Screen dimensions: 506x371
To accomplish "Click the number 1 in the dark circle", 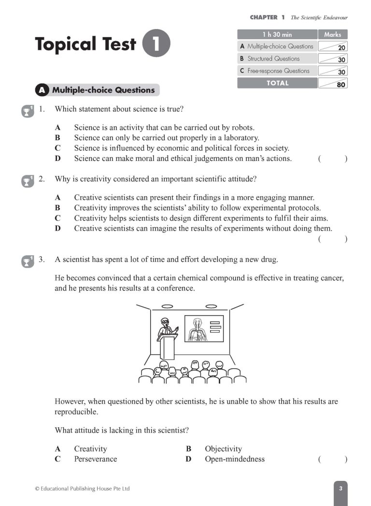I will point(157,43).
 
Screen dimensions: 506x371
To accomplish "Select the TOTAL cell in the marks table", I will point(277,83).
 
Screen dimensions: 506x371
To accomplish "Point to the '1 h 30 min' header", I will point(277,34).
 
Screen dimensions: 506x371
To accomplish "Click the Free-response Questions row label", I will point(278,71).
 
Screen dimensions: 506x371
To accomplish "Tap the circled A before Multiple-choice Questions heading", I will point(43,90).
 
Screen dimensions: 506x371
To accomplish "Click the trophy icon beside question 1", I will point(28,111).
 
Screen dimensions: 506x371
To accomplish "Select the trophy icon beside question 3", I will point(28,261).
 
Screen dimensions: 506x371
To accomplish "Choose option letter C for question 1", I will point(57,148).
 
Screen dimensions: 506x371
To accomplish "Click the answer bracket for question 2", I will point(333,239).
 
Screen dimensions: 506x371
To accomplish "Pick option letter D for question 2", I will point(57,229).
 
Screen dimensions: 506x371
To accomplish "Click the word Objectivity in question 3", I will point(223,449).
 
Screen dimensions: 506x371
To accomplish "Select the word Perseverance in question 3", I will point(95,459).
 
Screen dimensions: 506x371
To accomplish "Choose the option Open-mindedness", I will point(234,459).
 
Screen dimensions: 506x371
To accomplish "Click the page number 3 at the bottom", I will point(340,489).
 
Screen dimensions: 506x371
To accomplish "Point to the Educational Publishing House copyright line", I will point(82,489).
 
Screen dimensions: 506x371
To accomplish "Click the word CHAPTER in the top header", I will point(264,17).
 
